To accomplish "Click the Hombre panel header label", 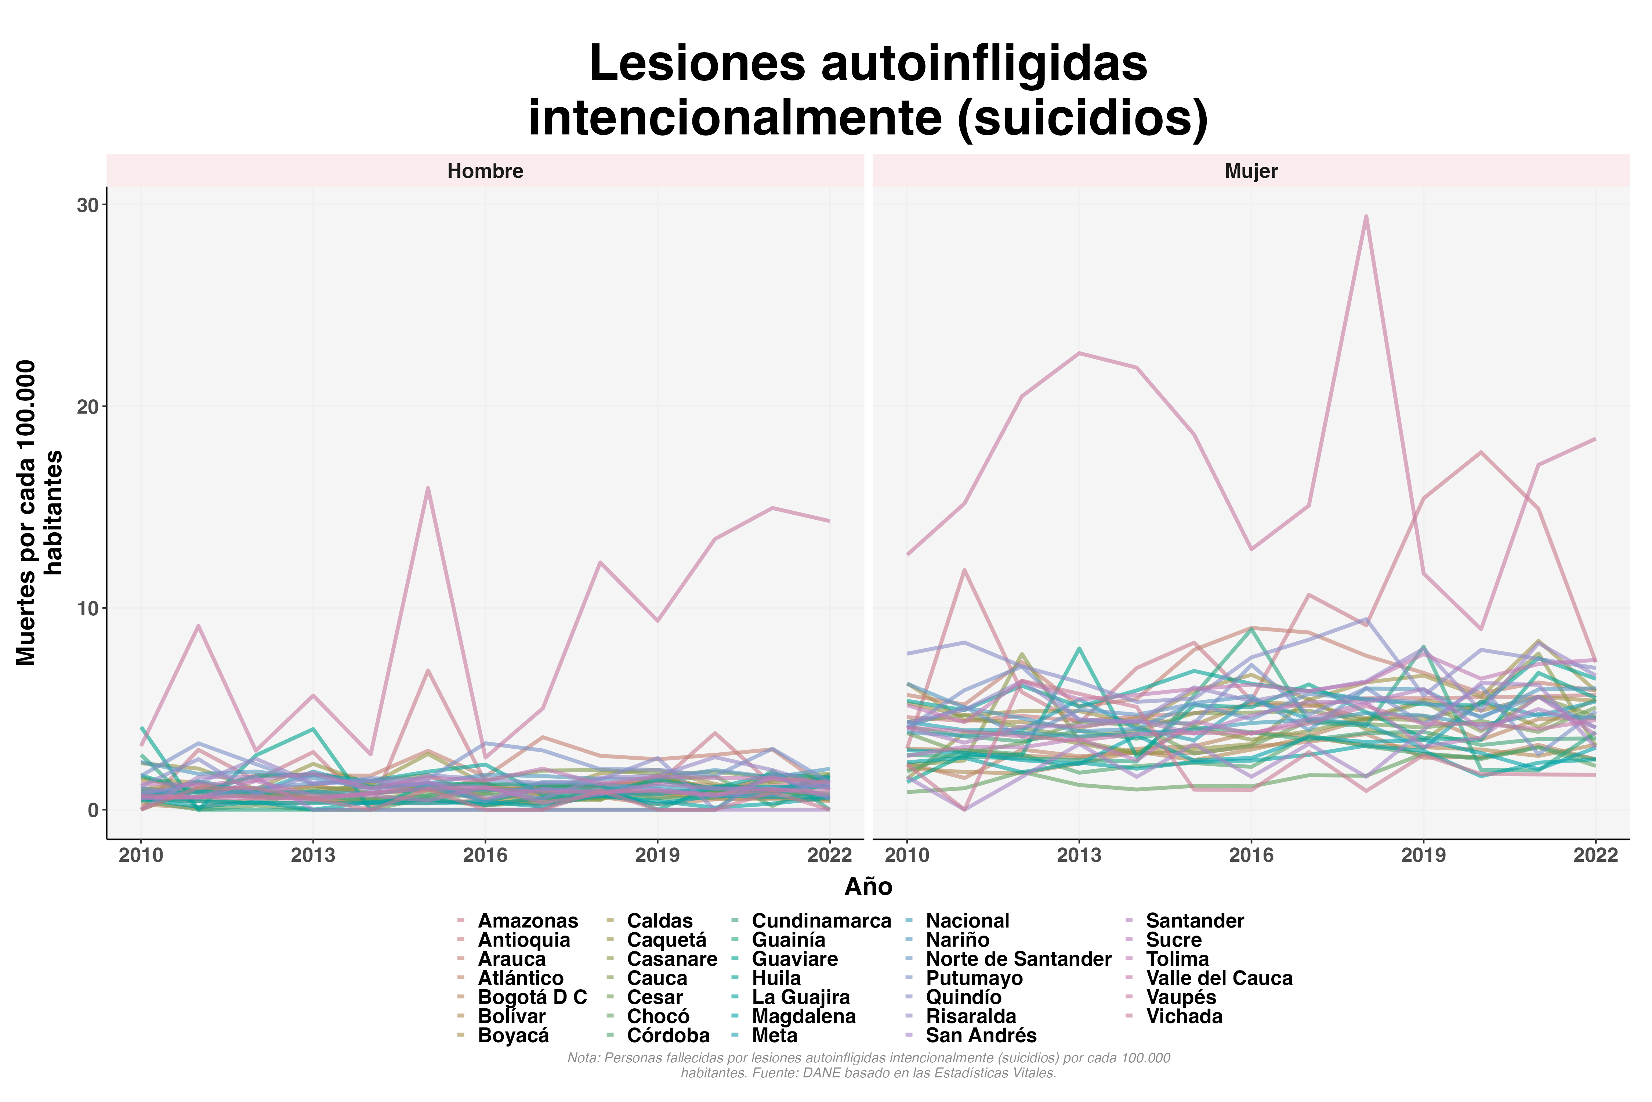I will tap(485, 171).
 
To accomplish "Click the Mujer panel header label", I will tap(1251, 171).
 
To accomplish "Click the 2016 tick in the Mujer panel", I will tap(1251, 855).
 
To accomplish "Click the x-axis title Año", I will tap(868, 887).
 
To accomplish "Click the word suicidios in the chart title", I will tap(1082, 118).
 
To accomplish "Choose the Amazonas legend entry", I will tap(528, 921).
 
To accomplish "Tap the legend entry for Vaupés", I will tap(1181, 997).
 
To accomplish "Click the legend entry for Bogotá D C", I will tap(532, 997).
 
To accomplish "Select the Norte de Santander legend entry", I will tap(1018, 959).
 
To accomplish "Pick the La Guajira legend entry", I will tap(801, 997).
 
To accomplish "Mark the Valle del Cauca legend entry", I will tap(1219, 978).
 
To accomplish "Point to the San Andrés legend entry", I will tap(981, 1035).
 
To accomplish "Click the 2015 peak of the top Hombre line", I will tap(428, 488).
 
